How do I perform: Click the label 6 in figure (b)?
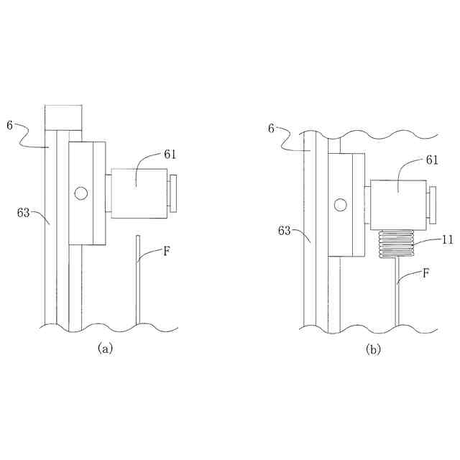[271, 128]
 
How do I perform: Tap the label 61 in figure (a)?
[170, 154]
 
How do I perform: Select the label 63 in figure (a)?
[24, 212]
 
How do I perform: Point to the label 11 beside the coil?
[447, 240]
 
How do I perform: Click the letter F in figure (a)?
[167, 252]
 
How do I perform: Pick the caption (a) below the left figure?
[105, 349]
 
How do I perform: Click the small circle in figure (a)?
[80, 193]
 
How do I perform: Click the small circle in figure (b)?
[341, 206]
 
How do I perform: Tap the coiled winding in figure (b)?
[396, 244]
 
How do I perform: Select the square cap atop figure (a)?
[63, 117]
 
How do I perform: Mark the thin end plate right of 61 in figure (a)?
[172, 193]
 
